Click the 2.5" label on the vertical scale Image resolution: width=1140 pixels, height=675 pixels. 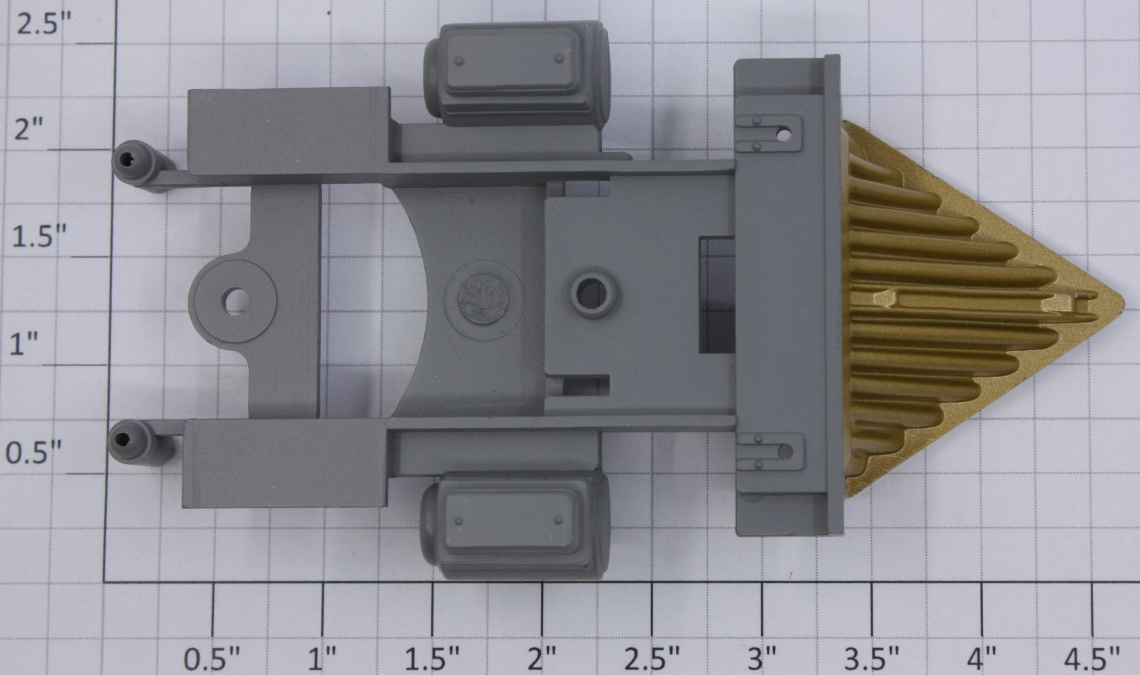43,24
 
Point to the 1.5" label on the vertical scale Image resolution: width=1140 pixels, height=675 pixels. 38,237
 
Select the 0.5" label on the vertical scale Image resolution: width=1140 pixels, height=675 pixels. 34,452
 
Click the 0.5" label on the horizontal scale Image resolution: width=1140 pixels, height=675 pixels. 211,659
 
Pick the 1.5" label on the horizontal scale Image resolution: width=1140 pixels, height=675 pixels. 432,659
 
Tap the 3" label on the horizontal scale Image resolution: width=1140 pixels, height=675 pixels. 762,659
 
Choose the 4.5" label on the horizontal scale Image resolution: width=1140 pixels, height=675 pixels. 1092,659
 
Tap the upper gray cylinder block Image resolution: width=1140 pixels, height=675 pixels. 517,74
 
